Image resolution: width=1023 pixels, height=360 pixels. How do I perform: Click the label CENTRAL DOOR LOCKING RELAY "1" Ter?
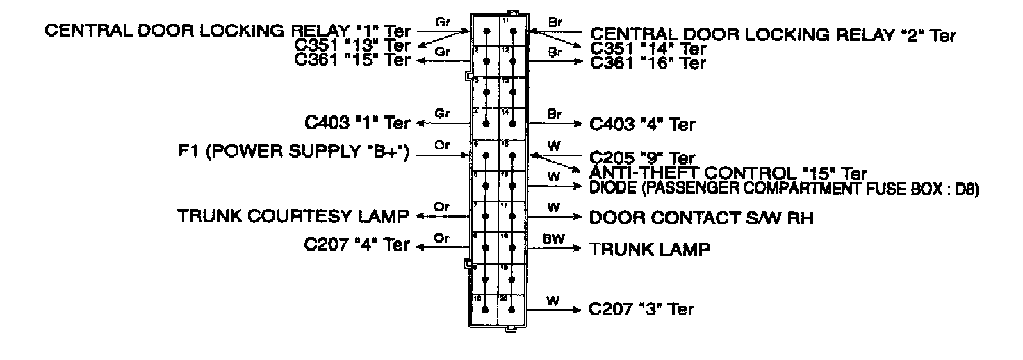(228, 32)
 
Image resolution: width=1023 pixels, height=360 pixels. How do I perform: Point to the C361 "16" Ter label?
(648, 63)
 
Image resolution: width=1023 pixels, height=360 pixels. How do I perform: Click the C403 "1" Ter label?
(357, 123)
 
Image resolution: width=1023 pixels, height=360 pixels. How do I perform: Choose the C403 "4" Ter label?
(641, 125)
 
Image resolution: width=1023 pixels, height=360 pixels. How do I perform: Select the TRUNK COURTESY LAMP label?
(292, 215)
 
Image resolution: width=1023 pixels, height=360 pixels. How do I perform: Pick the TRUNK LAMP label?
(650, 249)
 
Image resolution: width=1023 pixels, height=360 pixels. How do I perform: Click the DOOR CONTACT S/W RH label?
(701, 218)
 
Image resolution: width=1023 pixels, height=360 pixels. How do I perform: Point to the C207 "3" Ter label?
(641, 309)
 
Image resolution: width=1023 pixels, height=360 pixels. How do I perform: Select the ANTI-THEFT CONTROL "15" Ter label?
(728, 172)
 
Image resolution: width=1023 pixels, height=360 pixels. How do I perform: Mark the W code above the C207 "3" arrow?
(553, 301)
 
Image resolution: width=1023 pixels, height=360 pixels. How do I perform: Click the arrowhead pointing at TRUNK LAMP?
(579, 248)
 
